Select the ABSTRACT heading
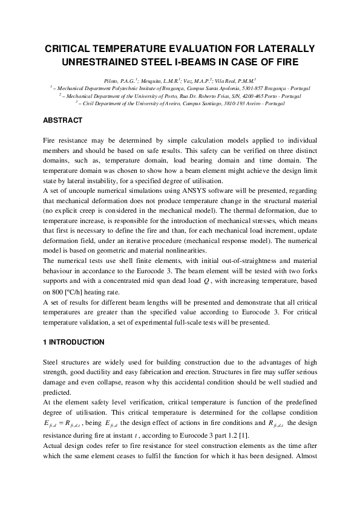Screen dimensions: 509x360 point(62,120)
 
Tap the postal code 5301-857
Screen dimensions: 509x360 point(234,87)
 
